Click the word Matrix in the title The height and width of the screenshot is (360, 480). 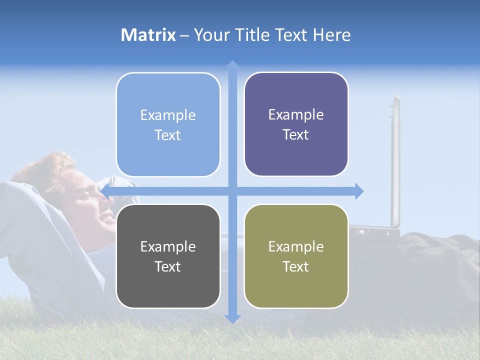[148, 35]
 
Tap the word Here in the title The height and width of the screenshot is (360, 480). [331, 35]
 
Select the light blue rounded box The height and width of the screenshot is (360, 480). [168, 124]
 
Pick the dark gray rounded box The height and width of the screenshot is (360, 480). [168, 256]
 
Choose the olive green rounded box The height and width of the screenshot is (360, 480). [296, 256]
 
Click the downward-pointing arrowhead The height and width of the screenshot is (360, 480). [232, 318]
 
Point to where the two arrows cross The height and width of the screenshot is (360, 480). [232, 191]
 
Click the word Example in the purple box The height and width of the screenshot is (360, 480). [296, 114]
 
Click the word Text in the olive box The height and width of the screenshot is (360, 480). [296, 266]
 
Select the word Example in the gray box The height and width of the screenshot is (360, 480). [168, 246]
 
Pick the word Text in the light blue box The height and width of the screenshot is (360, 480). [168, 135]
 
